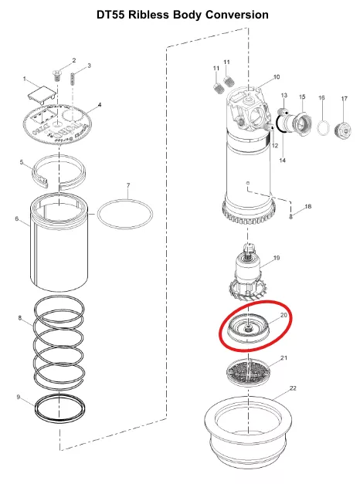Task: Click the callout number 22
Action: pyautogui.click(x=293, y=388)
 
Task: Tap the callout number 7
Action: pyautogui.click(x=128, y=185)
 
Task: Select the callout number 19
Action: pyautogui.click(x=277, y=257)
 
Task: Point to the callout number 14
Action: pyautogui.click(x=282, y=161)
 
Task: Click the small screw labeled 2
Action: pyautogui.click(x=56, y=76)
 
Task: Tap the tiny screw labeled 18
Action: pyautogui.click(x=290, y=216)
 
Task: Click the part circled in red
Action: pyautogui.click(x=248, y=330)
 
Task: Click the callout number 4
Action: pyautogui.click(x=99, y=105)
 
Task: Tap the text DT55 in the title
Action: pyautogui.click(x=110, y=15)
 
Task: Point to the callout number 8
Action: pyautogui.click(x=20, y=317)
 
